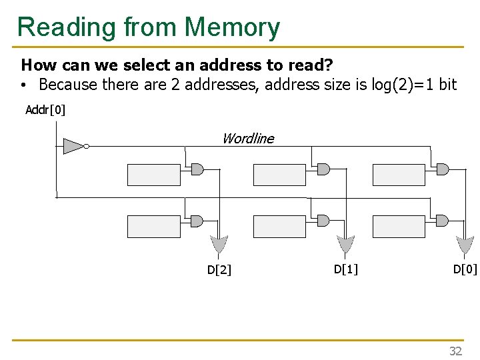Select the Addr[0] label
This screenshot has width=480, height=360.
click(x=45, y=110)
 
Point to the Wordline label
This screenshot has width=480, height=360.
click(x=247, y=139)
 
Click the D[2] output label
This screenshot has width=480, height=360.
click(x=219, y=270)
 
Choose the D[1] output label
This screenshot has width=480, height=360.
click(x=345, y=269)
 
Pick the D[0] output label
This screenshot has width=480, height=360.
click(x=465, y=269)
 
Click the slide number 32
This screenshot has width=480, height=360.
click(x=455, y=351)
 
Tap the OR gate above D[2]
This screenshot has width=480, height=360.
click(x=218, y=244)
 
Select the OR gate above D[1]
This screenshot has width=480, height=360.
click(x=345, y=244)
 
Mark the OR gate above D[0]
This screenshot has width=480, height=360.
click(x=465, y=244)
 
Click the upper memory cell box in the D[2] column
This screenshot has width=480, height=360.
click(x=153, y=175)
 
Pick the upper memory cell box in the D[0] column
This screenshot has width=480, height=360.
click(x=398, y=175)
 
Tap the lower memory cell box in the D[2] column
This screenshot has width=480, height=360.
click(x=153, y=227)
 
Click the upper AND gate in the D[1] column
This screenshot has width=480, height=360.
click(x=323, y=169)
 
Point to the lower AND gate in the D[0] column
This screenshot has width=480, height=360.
click(x=441, y=221)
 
